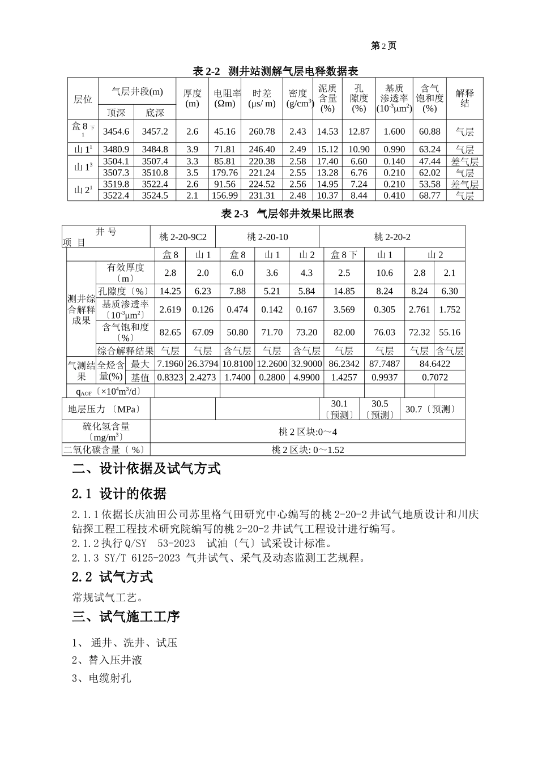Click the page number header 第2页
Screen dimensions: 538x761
[383, 46]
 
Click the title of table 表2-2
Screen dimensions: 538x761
[275, 71]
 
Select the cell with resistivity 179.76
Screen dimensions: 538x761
[225, 173]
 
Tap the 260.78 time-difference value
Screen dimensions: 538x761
[262, 131]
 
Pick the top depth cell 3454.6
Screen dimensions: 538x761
[116, 131]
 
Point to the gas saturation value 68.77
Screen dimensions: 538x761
[430, 195]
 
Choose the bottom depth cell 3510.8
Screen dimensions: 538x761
[155, 173]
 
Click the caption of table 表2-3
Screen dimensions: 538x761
[287, 213]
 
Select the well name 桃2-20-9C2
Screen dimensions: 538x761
[183, 237]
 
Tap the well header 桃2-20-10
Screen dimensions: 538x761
[267, 237]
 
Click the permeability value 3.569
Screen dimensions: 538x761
[344, 310]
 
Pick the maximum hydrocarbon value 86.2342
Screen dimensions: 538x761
[344, 364]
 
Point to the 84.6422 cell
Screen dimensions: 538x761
[435, 364]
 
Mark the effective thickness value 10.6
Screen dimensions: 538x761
[385, 273]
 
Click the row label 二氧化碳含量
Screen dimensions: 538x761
[106, 450]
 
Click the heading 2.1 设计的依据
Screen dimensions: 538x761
[119, 494]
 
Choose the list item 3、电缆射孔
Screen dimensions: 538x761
[101, 678]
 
